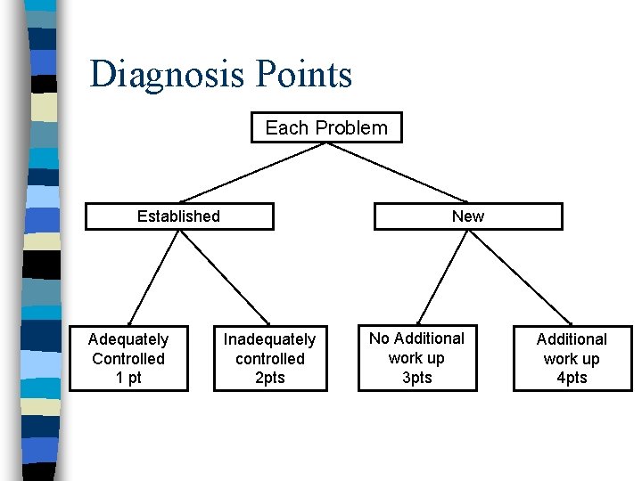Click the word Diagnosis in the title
166,75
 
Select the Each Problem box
326,127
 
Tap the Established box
178,216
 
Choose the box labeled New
467,216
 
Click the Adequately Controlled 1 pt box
128,358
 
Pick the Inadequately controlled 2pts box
269,358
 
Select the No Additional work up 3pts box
416,358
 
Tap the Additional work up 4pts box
572,358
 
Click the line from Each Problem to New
399,172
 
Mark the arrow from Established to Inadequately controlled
226,277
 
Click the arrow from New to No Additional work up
443,276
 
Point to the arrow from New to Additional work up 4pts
526,277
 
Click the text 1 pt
128,378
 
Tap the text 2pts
269,378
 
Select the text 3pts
416,378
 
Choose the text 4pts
572,378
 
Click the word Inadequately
269,339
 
